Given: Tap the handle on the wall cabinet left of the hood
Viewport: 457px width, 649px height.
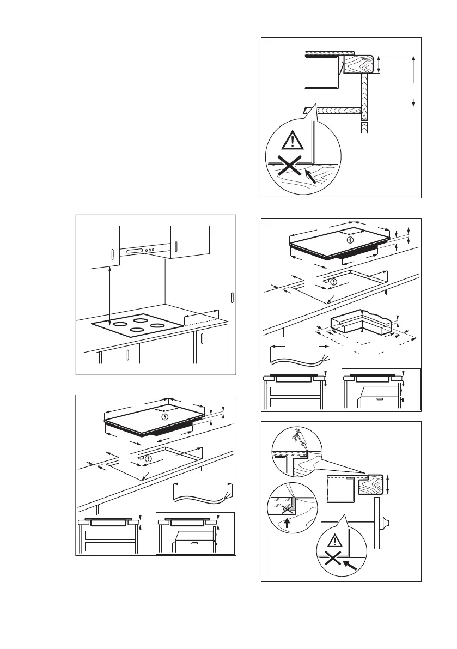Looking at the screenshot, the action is tap(112, 254).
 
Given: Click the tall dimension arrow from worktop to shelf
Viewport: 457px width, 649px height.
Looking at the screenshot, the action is tap(414, 81).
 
